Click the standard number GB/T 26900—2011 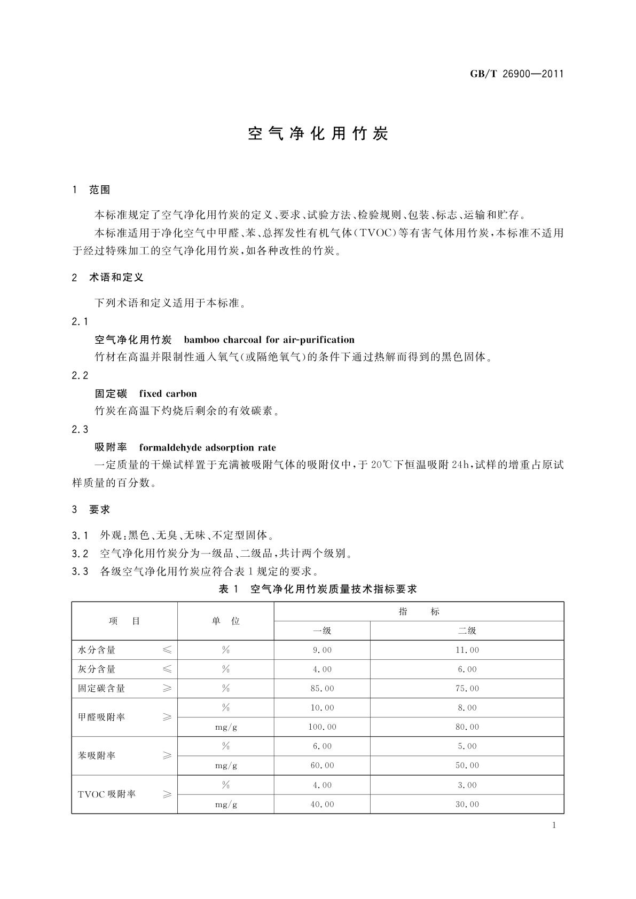(516, 74)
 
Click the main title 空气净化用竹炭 (318, 134)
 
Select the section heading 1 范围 (91, 190)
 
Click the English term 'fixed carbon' (168, 393)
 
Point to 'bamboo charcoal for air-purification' (269, 340)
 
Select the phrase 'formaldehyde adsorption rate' (208, 447)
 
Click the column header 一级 (322, 630)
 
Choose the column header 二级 (467, 630)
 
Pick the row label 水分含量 (97, 650)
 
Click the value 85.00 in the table (322, 688)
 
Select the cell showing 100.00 (322, 727)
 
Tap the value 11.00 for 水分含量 (467, 650)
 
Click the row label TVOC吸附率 (107, 794)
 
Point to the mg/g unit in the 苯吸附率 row (226, 765)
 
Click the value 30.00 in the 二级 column (467, 804)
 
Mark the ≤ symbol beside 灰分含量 (167, 669)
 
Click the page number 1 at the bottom (554, 825)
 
